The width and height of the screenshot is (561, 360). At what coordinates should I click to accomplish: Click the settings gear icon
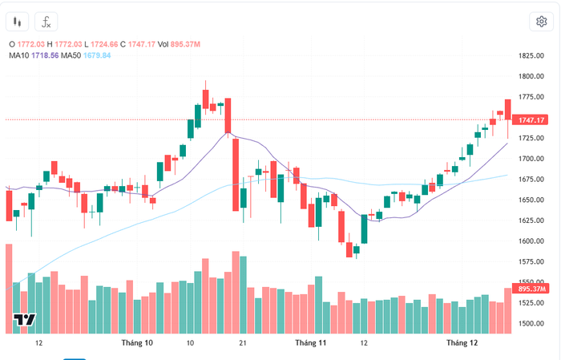[x=541, y=22]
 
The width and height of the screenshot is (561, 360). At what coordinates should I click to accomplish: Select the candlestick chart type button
[x=19, y=22]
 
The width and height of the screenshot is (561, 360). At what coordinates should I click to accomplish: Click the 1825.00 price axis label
[x=532, y=56]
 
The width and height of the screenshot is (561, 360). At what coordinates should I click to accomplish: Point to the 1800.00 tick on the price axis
[x=532, y=77]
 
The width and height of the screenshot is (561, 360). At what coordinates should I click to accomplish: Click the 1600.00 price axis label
[x=532, y=241]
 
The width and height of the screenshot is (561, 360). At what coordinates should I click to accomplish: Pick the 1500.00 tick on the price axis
[x=532, y=324]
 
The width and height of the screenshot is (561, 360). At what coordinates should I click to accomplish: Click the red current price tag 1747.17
[x=531, y=119]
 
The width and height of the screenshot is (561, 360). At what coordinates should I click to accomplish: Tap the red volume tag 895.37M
[x=531, y=289]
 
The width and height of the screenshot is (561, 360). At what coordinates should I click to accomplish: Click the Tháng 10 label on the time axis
[x=136, y=343]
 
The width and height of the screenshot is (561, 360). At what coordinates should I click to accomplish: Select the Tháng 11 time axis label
[x=311, y=343]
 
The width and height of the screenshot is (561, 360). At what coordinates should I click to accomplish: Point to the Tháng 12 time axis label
[x=462, y=343]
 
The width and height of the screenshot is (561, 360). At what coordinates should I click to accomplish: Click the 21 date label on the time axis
[x=242, y=343]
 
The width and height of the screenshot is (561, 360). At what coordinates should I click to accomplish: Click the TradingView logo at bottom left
[x=25, y=321]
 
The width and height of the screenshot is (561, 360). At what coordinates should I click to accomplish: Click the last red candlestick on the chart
[x=508, y=109]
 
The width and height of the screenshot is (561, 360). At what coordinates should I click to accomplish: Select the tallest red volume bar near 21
[x=236, y=292]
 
